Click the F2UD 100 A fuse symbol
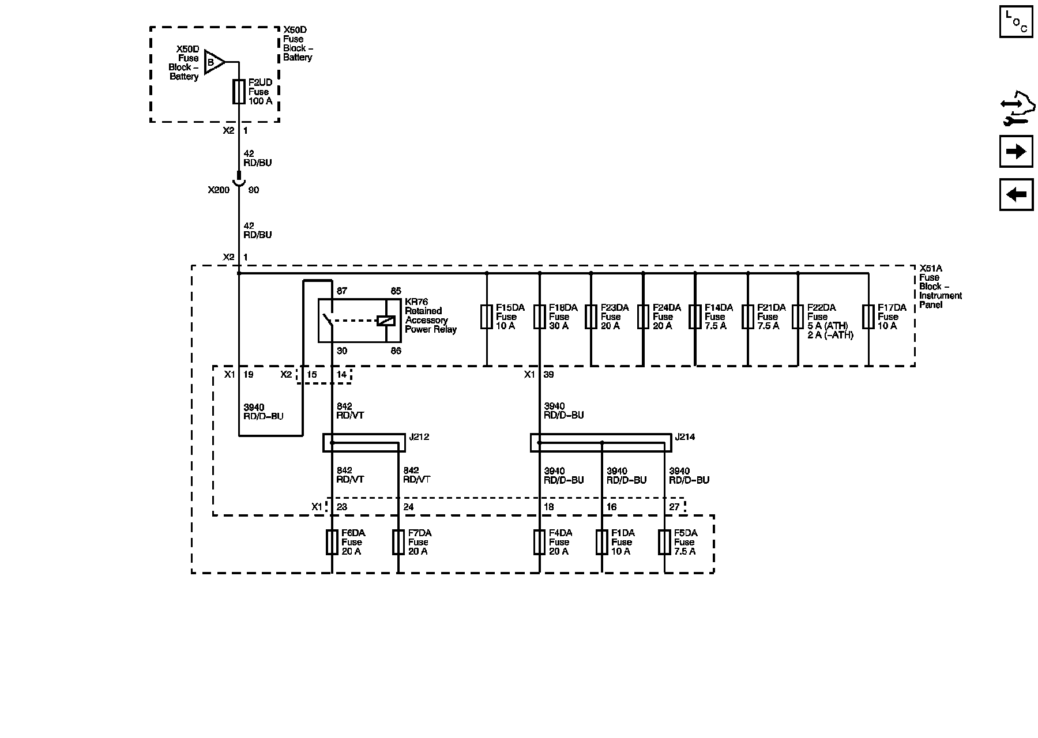239,92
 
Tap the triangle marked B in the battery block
213,62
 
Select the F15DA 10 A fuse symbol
487,317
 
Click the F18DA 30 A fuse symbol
539,317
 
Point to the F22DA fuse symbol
798,317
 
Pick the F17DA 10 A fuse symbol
868,317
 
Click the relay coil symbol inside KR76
385,321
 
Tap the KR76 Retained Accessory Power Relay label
430,316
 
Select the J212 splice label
419,437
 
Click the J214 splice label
685,437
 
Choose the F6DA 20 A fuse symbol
332,543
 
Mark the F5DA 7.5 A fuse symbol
664,543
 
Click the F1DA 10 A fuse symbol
602,543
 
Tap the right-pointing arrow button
1016,151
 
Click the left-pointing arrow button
1016,194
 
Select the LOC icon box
1016,22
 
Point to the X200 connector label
219,190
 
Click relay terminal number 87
342,291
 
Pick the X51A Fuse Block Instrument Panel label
940,287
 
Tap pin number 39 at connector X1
548,375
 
